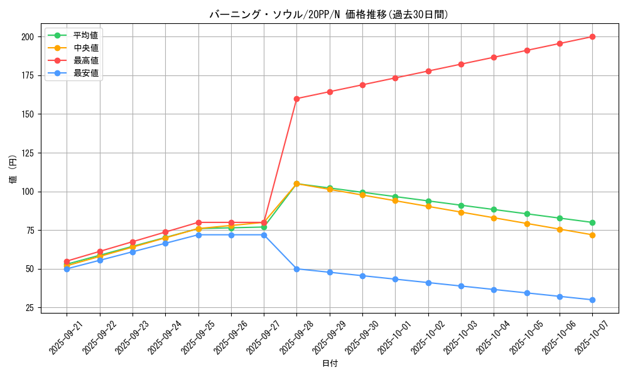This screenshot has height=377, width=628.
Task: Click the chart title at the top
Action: pyautogui.click(x=329, y=14)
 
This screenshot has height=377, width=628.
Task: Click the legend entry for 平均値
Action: pyautogui.click(x=86, y=35)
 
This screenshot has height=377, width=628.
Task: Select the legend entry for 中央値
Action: pyautogui.click(x=86, y=48)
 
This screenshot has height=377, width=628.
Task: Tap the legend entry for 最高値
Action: pyautogui.click(x=86, y=60)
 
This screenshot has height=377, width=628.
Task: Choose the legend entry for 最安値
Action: pyautogui.click(x=86, y=73)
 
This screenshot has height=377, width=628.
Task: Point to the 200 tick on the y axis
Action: pyautogui.click(x=27, y=37)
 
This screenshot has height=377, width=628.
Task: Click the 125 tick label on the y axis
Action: pyautogui.click(x=27, y=153)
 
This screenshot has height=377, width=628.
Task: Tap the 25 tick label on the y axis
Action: pyautogui.click(x=30, y=308)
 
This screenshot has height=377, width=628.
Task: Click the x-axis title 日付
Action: pyautogui.click(x=329, y=364)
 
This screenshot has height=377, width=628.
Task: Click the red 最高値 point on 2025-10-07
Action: pyautogui.click(x=592, y=36)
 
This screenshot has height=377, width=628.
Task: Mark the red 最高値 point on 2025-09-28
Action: pyautogui.click(x=296, y=99)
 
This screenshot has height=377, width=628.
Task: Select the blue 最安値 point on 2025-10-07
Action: pyautogui.click(x=592, y=300)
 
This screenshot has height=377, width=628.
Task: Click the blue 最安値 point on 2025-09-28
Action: pyautogui.click(x=296, y=269)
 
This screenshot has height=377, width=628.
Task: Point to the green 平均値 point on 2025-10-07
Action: pyautogui.click(x=592, y=222)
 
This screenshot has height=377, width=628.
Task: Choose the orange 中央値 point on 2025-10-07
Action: pyautogui.click(x=592, y=235)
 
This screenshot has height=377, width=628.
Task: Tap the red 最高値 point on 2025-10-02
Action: pyautogui.click(x=428, y=71)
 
